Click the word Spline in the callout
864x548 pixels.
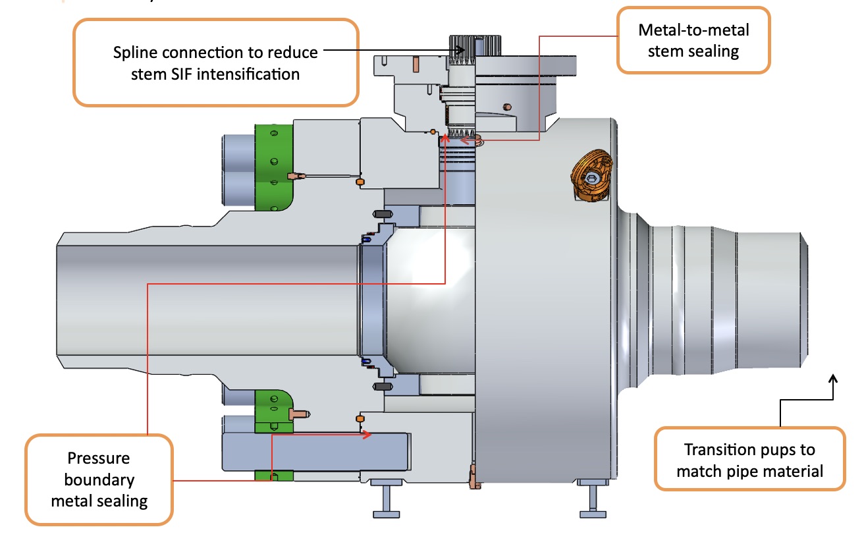pyautogui.click(x=134, y=52)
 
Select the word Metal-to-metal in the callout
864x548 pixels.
pyautogui.click(x=693, y=30)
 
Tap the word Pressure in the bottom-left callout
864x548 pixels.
pyautogui.click(x=99, y=458)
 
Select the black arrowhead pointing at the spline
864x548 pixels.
pyautogui.click(x=462, y=49)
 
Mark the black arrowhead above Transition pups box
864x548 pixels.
pyautogui.click(x=834, y=379)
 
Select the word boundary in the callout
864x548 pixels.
pyautogui.click(x=99, y=479)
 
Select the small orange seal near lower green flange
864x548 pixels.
pyautogui.click(x=360, y=419)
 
